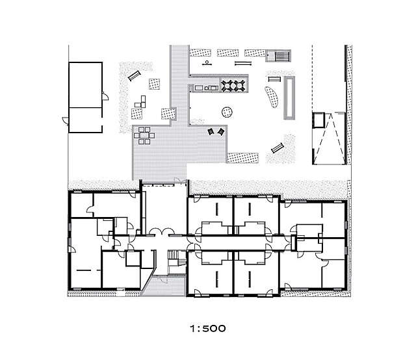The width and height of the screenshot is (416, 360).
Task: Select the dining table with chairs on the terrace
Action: (145, 136)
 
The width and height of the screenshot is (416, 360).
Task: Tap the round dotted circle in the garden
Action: (227, 111)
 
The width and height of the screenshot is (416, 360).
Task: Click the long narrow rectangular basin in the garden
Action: (291, 97)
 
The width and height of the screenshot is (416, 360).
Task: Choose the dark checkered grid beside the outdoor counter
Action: (233, 84)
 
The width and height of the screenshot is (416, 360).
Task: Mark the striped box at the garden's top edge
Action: (280, 56)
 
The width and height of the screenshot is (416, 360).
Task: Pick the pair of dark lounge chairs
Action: (216, 132)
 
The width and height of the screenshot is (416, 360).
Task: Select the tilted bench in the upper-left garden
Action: (135, 75)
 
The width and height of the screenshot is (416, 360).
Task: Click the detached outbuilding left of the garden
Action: (86, 97)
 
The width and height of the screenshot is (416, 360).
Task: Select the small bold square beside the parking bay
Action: (318, 120)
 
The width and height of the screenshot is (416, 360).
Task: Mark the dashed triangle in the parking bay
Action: (331, 138)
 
